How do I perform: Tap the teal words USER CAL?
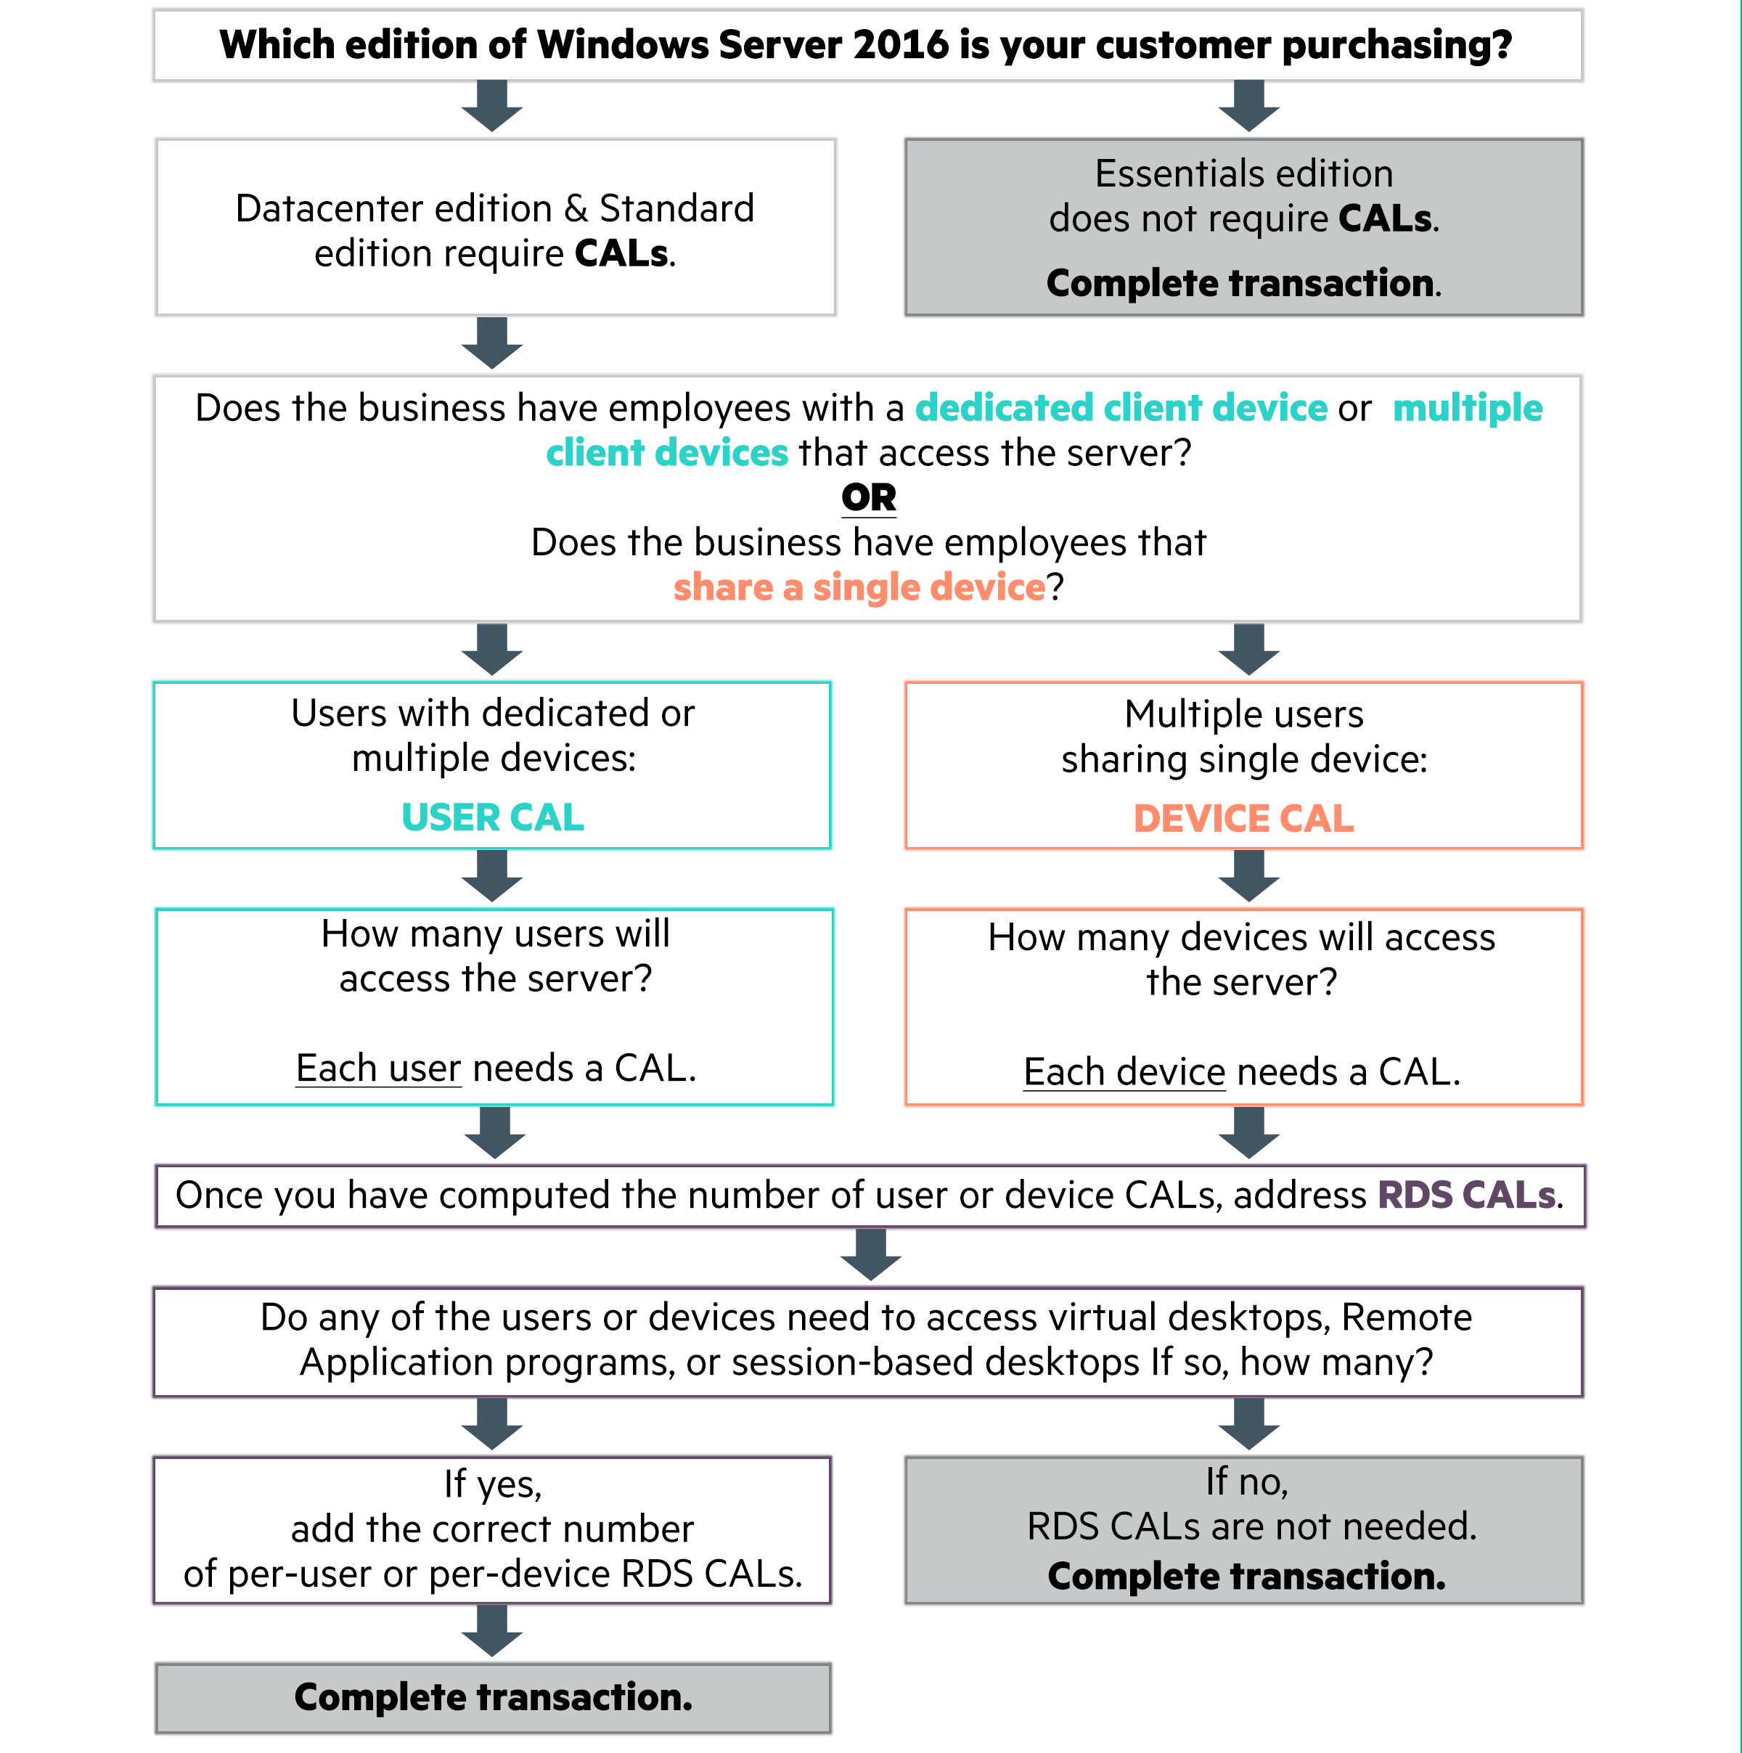[x=492, y=817]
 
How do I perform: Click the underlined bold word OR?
[x=868, y=497]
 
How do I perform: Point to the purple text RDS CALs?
[x=1467, y=1195]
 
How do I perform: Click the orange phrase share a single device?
[x=859, y=587]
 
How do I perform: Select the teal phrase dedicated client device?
[x=1121, y=407]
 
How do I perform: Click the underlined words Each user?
[x=378, y=1068]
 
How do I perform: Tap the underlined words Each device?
[x=1124, y=1071]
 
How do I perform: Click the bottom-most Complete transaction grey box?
[x=493, y=1698]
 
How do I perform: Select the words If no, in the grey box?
[x=1247, y=1482]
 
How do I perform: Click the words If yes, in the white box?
[x=492, y=1484]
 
